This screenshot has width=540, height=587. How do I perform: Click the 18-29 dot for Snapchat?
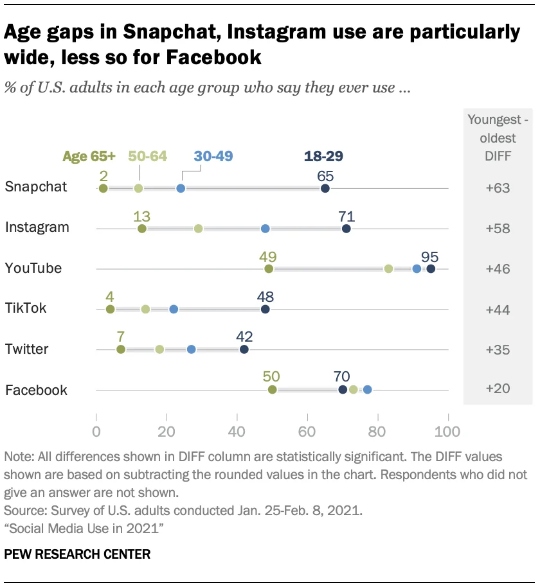[325, 188]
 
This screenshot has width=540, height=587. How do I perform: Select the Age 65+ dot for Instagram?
[142, 229]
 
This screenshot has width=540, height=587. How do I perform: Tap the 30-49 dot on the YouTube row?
[417, 268]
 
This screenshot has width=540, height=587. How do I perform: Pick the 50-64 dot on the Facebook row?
[354, 389]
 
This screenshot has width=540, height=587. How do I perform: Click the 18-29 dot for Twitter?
[244, 349]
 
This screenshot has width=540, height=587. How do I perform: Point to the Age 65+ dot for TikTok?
[110, 309]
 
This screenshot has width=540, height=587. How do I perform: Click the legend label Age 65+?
[90, 156]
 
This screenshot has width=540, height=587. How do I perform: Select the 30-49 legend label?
[213, 156]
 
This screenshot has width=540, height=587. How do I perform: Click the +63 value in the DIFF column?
[498, 188]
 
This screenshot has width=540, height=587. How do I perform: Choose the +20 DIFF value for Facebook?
[498, 390]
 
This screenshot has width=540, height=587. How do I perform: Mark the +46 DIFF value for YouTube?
[498, 268]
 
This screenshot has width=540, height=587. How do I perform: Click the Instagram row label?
[37, 227]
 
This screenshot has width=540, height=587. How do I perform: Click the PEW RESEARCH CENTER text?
[77, 554]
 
